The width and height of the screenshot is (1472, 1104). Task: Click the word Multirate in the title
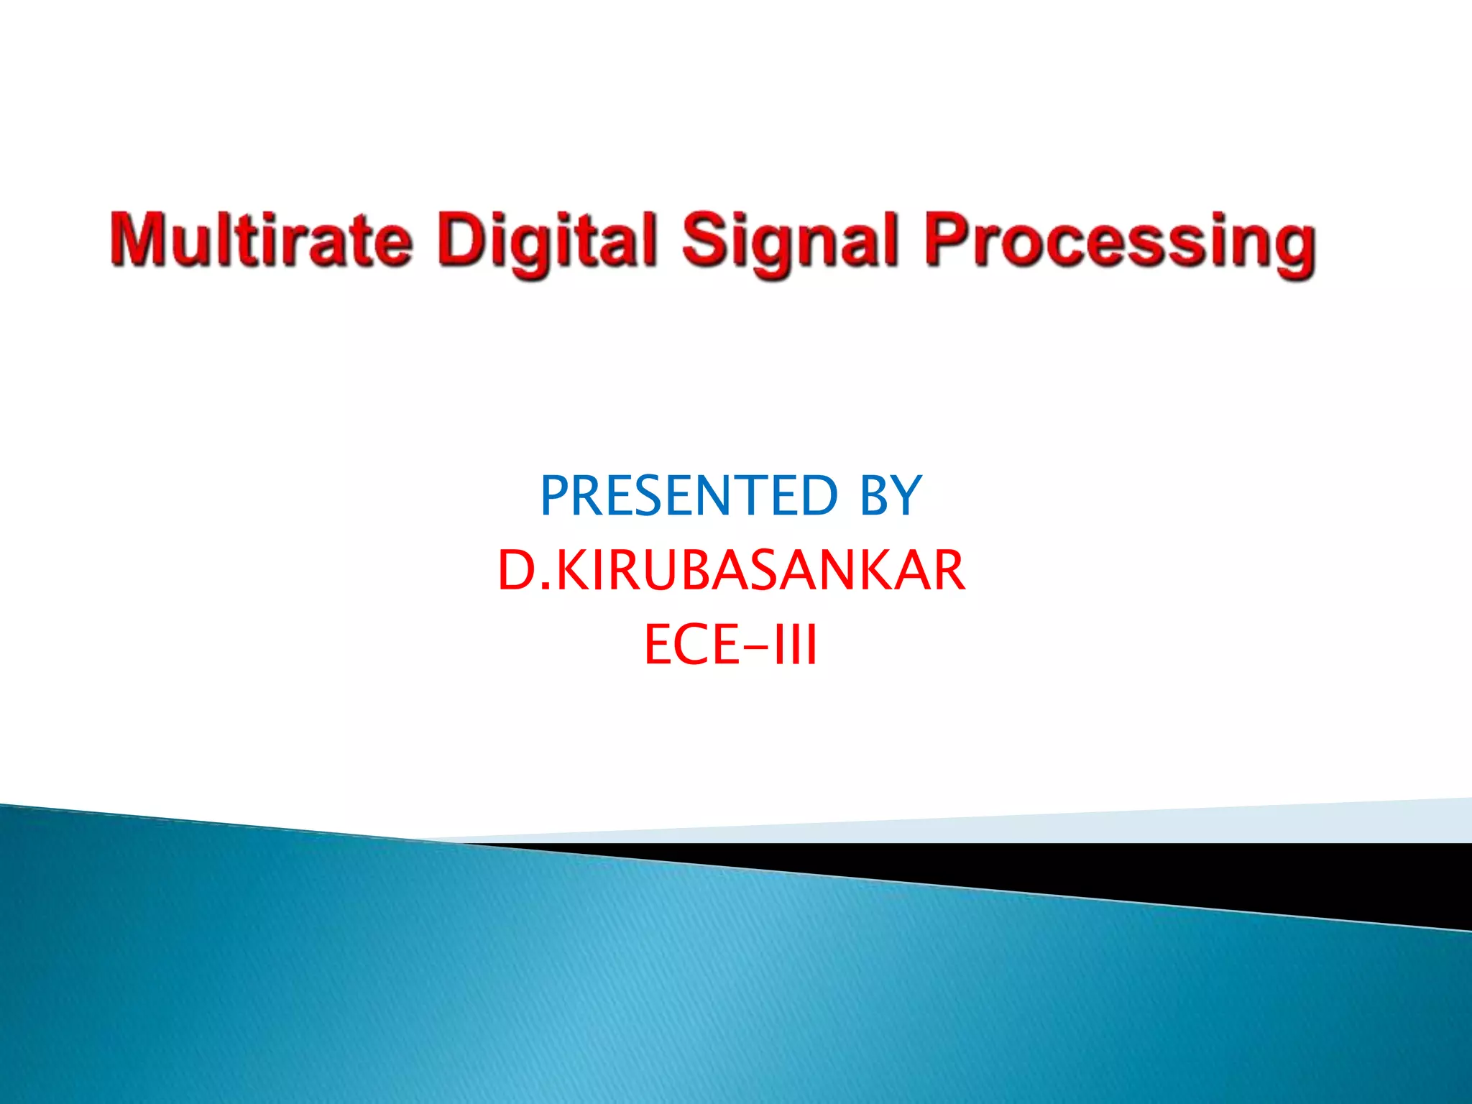click(x=261, y=239)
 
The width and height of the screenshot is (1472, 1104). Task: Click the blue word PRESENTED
click(x=688, y=495)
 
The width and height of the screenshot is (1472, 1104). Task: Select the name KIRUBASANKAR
click(x=761, y=570)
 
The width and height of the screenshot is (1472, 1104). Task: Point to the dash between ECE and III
click(x=755, y=646)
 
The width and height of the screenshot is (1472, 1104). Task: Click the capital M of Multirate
click(x=139, y=239)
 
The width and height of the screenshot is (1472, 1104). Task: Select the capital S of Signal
click(x=705, y=239)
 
